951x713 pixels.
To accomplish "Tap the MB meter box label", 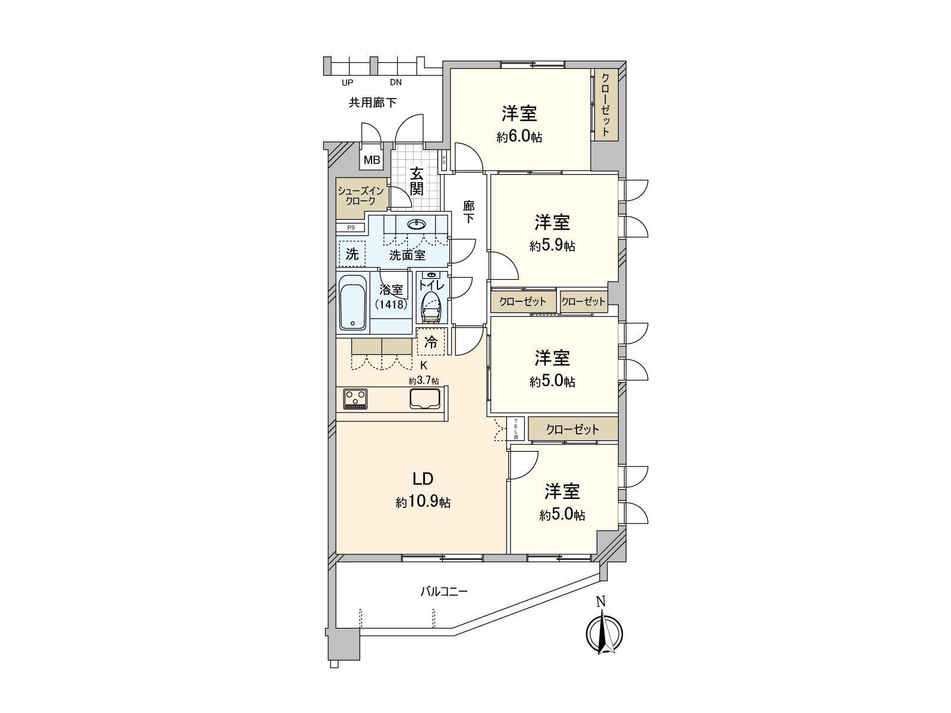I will (x=372, y=160).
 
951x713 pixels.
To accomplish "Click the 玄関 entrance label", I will (x=417, y=182).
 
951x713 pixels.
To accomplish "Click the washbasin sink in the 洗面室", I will (x=417, y=224).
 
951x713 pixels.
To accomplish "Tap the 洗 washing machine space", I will (x=352, y=254).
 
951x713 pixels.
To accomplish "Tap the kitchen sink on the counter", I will (x=424, y=398).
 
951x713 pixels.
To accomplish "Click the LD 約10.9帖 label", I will (x=423, y=490).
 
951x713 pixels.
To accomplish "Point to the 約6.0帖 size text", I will (x=519, y=137).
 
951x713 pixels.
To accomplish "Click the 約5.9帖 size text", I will (x=552, y=245).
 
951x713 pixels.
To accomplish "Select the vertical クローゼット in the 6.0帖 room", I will (x=606, y=105).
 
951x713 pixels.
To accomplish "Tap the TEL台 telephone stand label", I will (x=516, y=428).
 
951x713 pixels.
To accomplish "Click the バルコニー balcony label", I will (x=444, y=592).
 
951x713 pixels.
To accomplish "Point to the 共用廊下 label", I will (x=373, y=103).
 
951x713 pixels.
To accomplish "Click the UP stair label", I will (x=348, y=83).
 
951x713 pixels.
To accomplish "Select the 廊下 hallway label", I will (x=469, y=212).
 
